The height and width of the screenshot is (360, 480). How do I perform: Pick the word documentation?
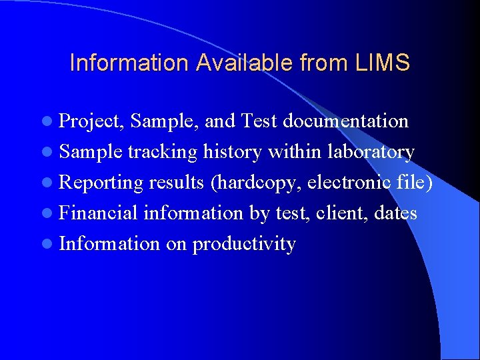[x=345, y=121]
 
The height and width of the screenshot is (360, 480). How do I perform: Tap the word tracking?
[x=162, y=152]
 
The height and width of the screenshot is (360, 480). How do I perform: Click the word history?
[x=233, y=151]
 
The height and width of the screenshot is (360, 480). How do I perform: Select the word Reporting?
[x=101, y=183]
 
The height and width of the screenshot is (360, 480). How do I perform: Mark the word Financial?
[x=98, y=213]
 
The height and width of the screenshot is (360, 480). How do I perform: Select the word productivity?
[x=244, y=244]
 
